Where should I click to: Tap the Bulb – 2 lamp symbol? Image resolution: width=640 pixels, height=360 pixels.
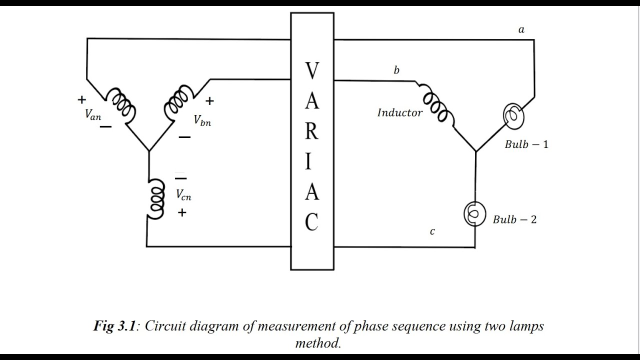[474, 214]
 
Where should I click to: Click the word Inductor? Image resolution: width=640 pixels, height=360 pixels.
[399, 112]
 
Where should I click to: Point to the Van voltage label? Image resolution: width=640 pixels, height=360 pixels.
[93, 115]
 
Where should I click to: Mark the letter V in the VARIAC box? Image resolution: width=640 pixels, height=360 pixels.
[312, 71]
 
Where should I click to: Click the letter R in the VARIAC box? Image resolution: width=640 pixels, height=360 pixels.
[311, 131]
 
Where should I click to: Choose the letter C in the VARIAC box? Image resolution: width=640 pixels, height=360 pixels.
[311, 222]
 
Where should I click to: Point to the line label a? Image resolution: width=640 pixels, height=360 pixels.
[521, 29]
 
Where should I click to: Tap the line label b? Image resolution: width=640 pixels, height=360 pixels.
[396, 70]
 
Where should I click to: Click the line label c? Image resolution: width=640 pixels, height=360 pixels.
[432, 231]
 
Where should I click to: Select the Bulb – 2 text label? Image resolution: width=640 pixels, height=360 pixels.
[514, 219]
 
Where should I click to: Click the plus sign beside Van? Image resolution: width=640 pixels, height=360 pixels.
[81, 99]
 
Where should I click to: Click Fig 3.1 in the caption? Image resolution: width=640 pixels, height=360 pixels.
[114, 326]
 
